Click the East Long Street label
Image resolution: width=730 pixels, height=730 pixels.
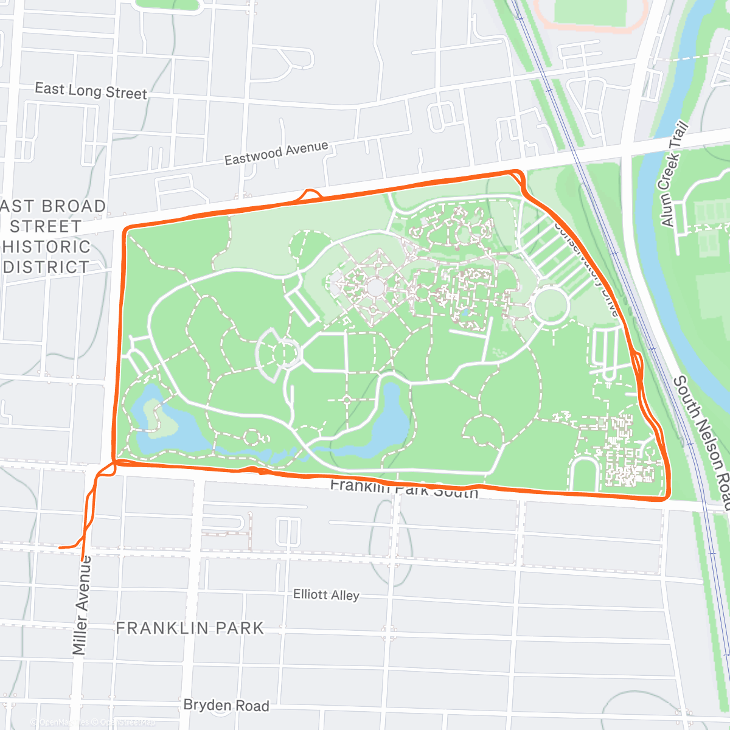pos(91,91)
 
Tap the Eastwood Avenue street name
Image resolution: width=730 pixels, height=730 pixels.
pos(276,153)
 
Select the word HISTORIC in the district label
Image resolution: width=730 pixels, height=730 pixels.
pos(46,247)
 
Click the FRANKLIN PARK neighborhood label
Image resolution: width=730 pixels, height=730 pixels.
pos(190,628)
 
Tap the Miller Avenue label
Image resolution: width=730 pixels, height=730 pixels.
pos(82,605)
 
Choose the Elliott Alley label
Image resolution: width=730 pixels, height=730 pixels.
pos(326,594)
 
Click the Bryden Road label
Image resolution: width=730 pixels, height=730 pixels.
pos(226,705)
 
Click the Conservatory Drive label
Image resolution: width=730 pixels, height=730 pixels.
pos(587,268)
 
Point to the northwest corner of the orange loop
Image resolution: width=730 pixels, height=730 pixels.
pos(127,230)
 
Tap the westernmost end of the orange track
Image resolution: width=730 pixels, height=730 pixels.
pos(60,547)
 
